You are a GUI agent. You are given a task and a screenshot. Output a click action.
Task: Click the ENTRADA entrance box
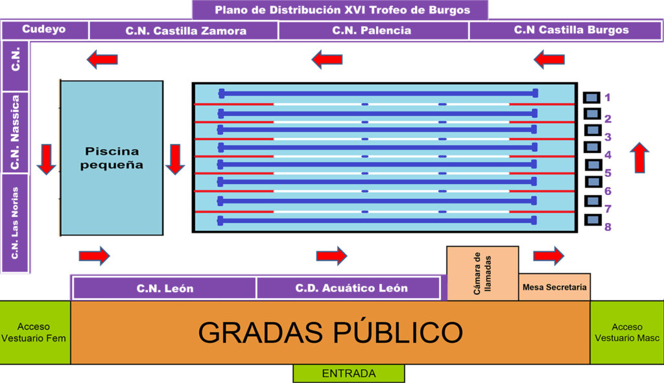tap(348, 373)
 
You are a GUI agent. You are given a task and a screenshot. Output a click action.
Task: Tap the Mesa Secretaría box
tap(554, 287)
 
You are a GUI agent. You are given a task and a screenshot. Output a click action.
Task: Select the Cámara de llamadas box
tap(482, 273)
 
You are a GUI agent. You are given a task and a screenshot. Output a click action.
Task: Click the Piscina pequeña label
tap(112, 158)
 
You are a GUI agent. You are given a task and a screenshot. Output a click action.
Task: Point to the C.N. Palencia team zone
tap(372, 30)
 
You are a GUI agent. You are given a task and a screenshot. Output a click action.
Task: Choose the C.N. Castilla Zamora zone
tap(185, 30)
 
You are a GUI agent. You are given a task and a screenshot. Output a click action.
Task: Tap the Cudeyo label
tap(44, 29)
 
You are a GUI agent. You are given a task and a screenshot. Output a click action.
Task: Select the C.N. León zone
tap(165, 288)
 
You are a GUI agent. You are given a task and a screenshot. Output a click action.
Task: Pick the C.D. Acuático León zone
tap(351, 288)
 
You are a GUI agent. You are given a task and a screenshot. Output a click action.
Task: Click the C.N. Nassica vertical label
tap(16, 132)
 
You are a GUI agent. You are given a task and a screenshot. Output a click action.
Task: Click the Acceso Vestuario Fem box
tap(34, 332)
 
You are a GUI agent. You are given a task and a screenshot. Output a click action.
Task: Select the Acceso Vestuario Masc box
tap(626, 332)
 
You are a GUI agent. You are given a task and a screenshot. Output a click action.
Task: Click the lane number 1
tap(608, 98)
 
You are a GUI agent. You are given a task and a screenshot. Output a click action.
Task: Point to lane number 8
tap(608, 227)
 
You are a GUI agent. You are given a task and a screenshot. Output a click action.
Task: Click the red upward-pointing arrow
tap(639, 157)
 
